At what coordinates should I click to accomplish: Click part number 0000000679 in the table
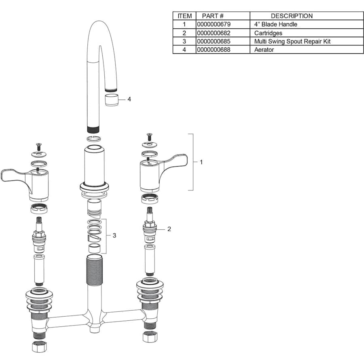tap(214, 24)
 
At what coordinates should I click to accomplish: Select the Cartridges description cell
tap(307, 33)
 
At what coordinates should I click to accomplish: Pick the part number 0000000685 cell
tap(223, 41)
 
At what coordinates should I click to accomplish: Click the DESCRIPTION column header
tap(292, 16)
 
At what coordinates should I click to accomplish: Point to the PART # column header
tap(213, 16)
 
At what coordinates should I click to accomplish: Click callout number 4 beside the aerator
tap(129, 99)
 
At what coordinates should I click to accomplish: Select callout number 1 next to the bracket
tap(201, 162)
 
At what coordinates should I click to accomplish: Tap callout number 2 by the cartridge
tap(169, 229)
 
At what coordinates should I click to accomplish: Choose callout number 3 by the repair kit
tap(114, 235)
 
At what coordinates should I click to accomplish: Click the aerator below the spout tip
tap(112, 100)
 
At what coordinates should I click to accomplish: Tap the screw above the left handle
tap(38, 147)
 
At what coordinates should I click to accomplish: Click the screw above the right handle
tap(149, 137)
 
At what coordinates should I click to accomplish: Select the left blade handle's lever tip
tap(3, 176)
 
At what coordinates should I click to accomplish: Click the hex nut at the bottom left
tap(40, 347)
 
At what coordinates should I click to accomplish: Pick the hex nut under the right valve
tap(150, 337)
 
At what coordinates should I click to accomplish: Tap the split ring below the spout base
tap(94, 139)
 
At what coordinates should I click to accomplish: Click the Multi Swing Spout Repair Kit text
tap(292, 41)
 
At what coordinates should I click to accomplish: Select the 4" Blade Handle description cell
tap(307, 24)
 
